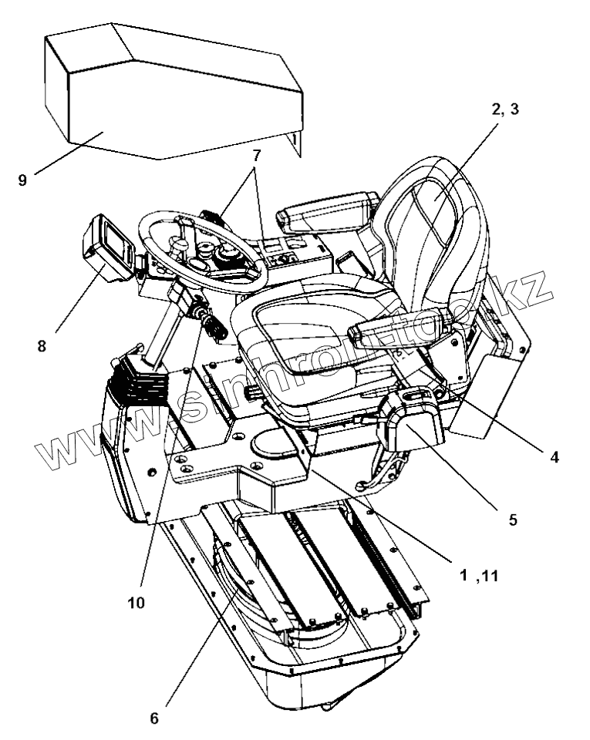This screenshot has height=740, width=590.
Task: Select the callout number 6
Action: [153, 718]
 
